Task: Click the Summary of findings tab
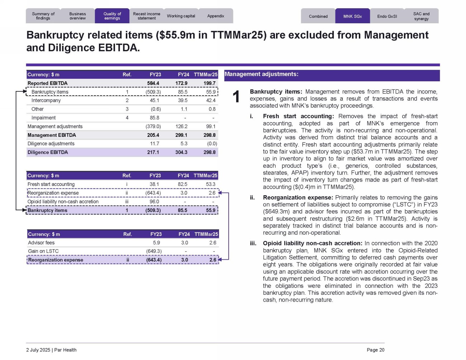[x=43, y=16]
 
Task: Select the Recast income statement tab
[x=147, y=16]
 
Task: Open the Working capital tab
[x=181, y=16]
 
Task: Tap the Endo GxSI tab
[x=387, y=16]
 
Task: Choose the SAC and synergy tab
[x=421, y=16]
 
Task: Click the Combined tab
[x=318, y=16]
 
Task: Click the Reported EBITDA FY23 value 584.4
[x=153, y=83]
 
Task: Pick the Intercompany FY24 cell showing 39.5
[x=182, y=101]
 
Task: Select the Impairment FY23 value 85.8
[x=155, y=118]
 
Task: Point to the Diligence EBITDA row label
[x=48, y=152]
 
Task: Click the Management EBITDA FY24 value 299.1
[x=181, y=135]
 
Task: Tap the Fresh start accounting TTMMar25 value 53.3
[x=211, y=184]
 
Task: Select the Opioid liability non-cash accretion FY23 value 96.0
[x=154, y=202]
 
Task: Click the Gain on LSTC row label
[x=43, y=251]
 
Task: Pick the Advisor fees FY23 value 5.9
[x=156, y=243]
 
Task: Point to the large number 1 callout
[x=236, y=97]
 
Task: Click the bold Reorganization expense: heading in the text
[x=298, y=198]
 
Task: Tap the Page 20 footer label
[x=375, y=350]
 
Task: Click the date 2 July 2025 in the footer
[x=38, y=350]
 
